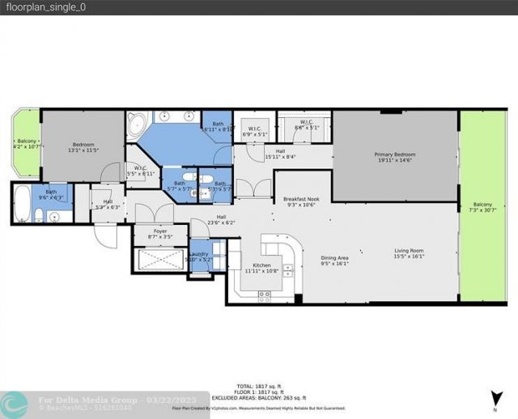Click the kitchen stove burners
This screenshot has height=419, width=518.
tap(264, 296)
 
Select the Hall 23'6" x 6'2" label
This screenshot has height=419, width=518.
tap(220, 219)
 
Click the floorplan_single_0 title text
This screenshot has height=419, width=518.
tap(37, 6)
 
